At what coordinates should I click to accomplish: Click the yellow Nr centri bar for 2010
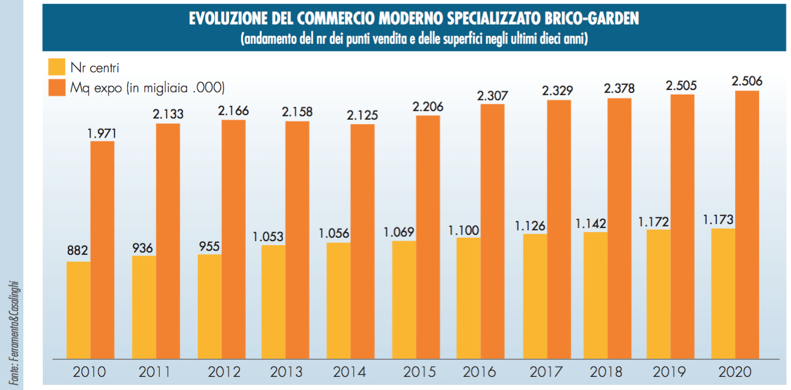79,310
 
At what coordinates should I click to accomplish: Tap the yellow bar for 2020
723,294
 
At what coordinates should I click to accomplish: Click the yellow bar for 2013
274,302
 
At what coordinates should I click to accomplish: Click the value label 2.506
747,82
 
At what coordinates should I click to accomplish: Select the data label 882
78,251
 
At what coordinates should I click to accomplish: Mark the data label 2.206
428,107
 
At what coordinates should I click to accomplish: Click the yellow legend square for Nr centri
57,67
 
